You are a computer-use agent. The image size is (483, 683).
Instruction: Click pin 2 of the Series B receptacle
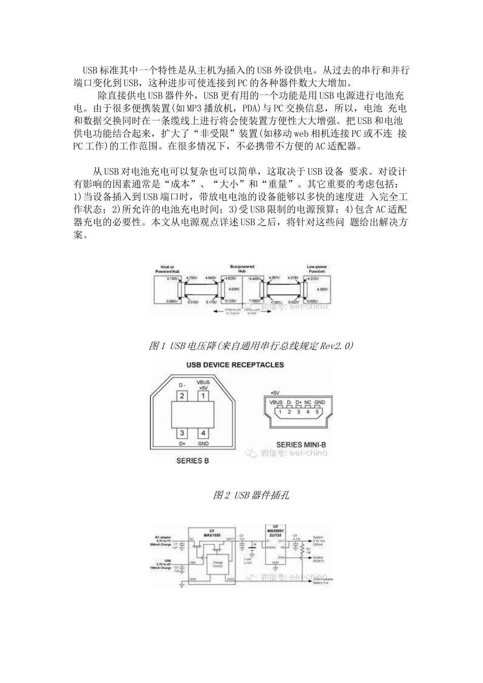click(x=182, y=395)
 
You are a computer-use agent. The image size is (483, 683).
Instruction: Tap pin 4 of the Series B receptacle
click(x=203, y=433)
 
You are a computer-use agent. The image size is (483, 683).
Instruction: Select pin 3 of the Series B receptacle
click(x=182, y=433)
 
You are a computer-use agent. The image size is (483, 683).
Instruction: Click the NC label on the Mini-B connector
click(x=308, y=402)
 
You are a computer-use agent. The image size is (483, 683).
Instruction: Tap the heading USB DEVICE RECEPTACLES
click(x=235, y=365)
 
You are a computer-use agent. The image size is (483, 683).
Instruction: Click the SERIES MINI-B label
click(x=301, y=445)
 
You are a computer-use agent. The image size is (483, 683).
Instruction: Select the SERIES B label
click(x=192, y=461)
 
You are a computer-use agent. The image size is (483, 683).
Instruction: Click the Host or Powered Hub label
click(x=167, y=269)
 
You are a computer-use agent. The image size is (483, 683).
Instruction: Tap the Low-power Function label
click(x=317, y=269)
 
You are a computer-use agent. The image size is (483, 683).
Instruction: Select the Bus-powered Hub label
click(x=243, y=269)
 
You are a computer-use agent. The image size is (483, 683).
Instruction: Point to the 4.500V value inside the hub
click(x=233, y=289)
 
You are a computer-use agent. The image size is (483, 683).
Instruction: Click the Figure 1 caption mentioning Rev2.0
click(x=251, y=346)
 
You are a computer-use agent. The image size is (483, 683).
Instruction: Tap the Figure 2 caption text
click(x=251, y=495)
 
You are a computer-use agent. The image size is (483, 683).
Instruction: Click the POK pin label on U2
click(x=281, y=557)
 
